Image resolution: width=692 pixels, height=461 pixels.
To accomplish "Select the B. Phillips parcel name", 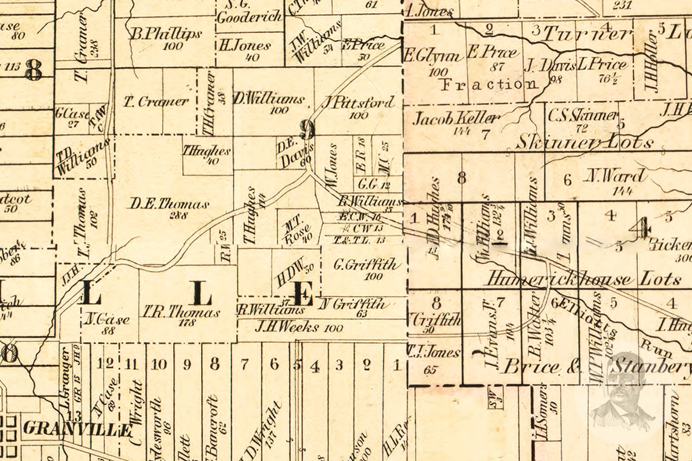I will [166, 34].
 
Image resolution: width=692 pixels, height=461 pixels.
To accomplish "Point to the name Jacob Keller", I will [455, 119].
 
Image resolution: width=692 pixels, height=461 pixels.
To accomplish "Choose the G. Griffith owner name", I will [365, 265].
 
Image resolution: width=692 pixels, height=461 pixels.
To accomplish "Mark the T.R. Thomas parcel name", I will [181, 312].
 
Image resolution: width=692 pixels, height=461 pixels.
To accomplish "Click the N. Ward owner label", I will [616, 176].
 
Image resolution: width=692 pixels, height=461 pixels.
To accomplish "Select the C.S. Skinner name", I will [582, 115].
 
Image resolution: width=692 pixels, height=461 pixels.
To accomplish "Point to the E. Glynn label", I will [433, 56].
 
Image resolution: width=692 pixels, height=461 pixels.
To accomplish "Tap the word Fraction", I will [489, 84].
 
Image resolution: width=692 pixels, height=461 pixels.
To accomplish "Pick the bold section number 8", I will [34, 71].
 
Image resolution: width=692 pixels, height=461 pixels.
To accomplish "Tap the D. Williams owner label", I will [268, 99].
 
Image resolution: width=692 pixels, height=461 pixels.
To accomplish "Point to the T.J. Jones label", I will [434, 353].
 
